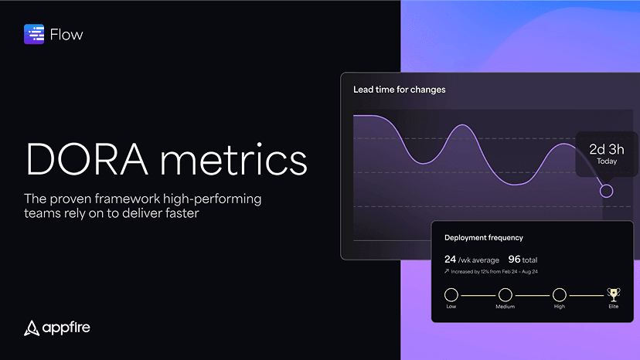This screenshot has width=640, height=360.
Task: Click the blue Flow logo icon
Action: pos(34,34)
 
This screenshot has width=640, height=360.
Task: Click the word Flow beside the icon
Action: pos(66,35)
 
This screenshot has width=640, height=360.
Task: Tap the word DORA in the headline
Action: pos(87,159)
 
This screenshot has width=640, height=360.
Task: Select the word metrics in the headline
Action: pos(233,159)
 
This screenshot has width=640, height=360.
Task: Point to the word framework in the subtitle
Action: pos(128,199)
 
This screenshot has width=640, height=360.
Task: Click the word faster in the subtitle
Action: pos(182,213)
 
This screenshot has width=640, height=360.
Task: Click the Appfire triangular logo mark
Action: pos(32,328)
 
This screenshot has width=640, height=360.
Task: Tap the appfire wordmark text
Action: pos(66,328)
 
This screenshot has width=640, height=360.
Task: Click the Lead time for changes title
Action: pos(399,90)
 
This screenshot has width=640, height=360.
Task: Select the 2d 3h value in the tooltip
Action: pos(607,149)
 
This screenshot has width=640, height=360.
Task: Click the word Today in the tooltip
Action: pos(607,161)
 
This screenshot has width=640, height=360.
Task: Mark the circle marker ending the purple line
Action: pos(607,191)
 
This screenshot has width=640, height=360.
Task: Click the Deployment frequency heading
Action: pos(484,237)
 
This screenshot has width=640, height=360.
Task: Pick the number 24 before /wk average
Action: pos(450,259)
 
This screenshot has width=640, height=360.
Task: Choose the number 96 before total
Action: pos(514,259)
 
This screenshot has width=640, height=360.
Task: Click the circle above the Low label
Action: pos(451,294)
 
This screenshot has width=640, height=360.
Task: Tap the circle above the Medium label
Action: pos(506,294)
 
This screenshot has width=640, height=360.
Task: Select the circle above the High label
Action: pos(559,294)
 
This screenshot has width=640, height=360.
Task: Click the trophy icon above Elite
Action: pos(614,294)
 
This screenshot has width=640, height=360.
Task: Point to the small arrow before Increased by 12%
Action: pos(447,271)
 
